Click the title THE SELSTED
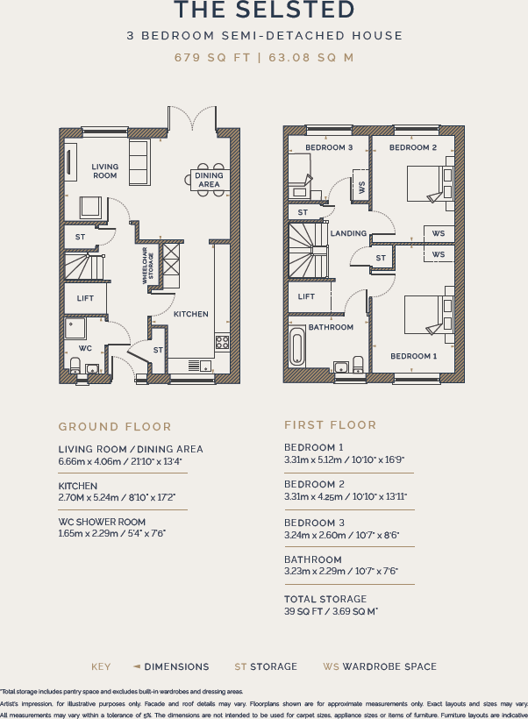click(264, 11)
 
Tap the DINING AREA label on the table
click(209, 180)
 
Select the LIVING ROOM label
click(104, 171)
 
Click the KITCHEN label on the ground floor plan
click(190, 314)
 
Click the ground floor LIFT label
click(85, 298)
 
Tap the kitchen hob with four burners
click(222, 342)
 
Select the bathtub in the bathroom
click(296, 350)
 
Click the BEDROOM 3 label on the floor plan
click(329, 147)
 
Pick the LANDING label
click(348, 233)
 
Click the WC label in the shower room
click(85, 348)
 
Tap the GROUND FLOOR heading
click(115, 427)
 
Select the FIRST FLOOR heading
click(330, 425)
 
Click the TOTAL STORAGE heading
click(325, 600)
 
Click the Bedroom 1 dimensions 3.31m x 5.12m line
click(344, 459)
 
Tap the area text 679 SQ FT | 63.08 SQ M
click(264, 58)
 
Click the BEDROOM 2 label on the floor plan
click(413, 147)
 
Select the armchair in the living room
click(90, 207)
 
